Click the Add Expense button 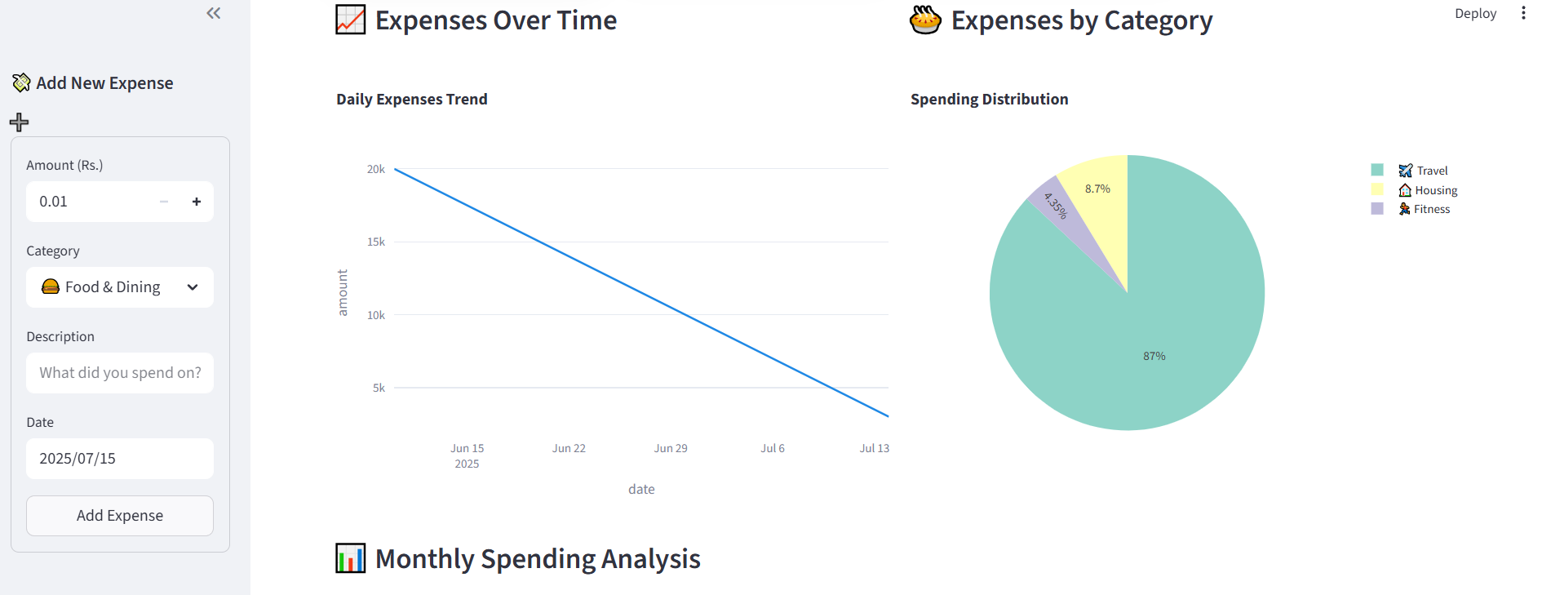click(120, 516)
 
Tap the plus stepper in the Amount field click(197, 202)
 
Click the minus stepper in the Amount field click(164, 202)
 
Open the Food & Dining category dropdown click(120, 287)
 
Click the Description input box click(120, 373)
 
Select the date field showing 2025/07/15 click(120, 459)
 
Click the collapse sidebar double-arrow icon click(214, 13)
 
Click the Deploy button click(1475, 14)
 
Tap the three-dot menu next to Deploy click(1523, 13)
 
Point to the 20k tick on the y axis click(375, 169)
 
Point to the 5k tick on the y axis click(379, 388)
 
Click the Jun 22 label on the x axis click(569, 448)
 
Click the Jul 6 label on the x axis click(773, 448)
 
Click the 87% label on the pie click(1154, 356)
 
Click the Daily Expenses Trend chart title click(412, 100)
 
